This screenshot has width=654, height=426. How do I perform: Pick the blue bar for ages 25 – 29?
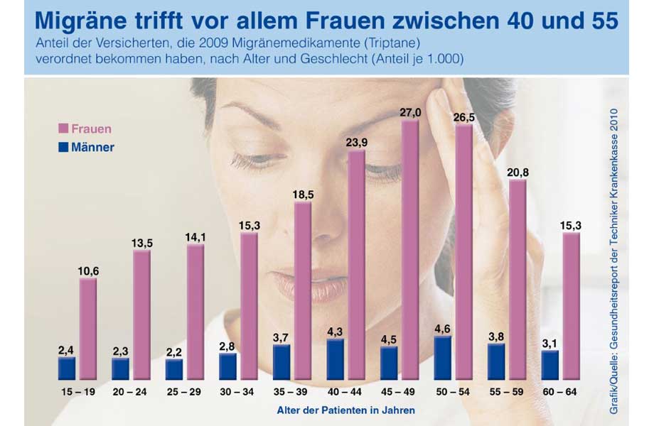tap(174, 369)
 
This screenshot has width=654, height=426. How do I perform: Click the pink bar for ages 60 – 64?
tap(572, 306)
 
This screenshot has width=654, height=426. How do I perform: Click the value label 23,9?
tap(357, 141)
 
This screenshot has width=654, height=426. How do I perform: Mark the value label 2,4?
tap(66, 350)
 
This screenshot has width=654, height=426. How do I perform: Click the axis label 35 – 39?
tap(292, 392)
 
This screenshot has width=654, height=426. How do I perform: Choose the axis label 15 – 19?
tap(77, 392)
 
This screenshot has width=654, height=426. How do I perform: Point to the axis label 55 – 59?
tap(508, 392)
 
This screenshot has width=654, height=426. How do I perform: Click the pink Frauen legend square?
tap(63, 129)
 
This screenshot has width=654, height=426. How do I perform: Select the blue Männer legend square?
tap(63, 148)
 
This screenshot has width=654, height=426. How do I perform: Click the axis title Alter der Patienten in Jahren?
tap(346, 410)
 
